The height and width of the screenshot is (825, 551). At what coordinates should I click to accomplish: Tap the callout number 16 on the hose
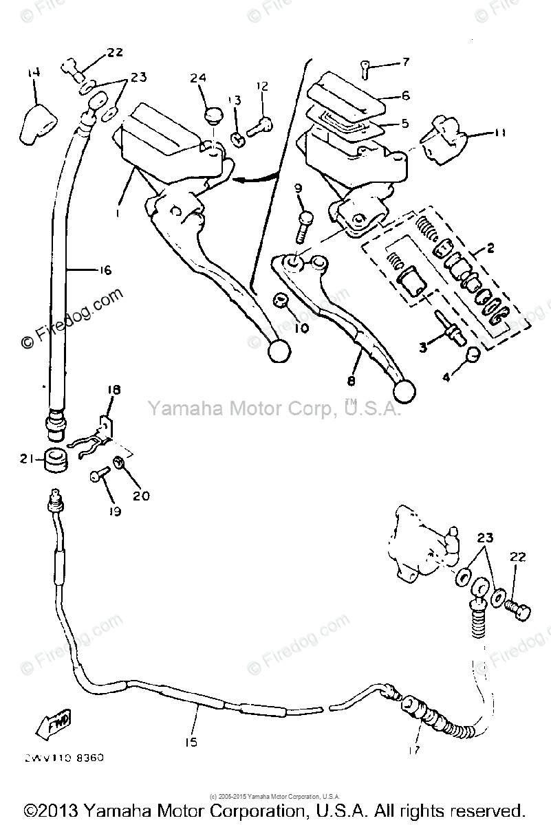[x=102, y=270]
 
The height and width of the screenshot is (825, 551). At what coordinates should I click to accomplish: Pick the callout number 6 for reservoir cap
[x=406, y=96]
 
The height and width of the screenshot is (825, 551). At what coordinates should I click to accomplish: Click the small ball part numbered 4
[x=472, y=355]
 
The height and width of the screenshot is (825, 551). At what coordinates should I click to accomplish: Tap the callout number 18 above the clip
[x=114, y=390]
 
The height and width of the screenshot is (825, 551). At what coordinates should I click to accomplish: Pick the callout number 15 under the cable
[x=191, y=741]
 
